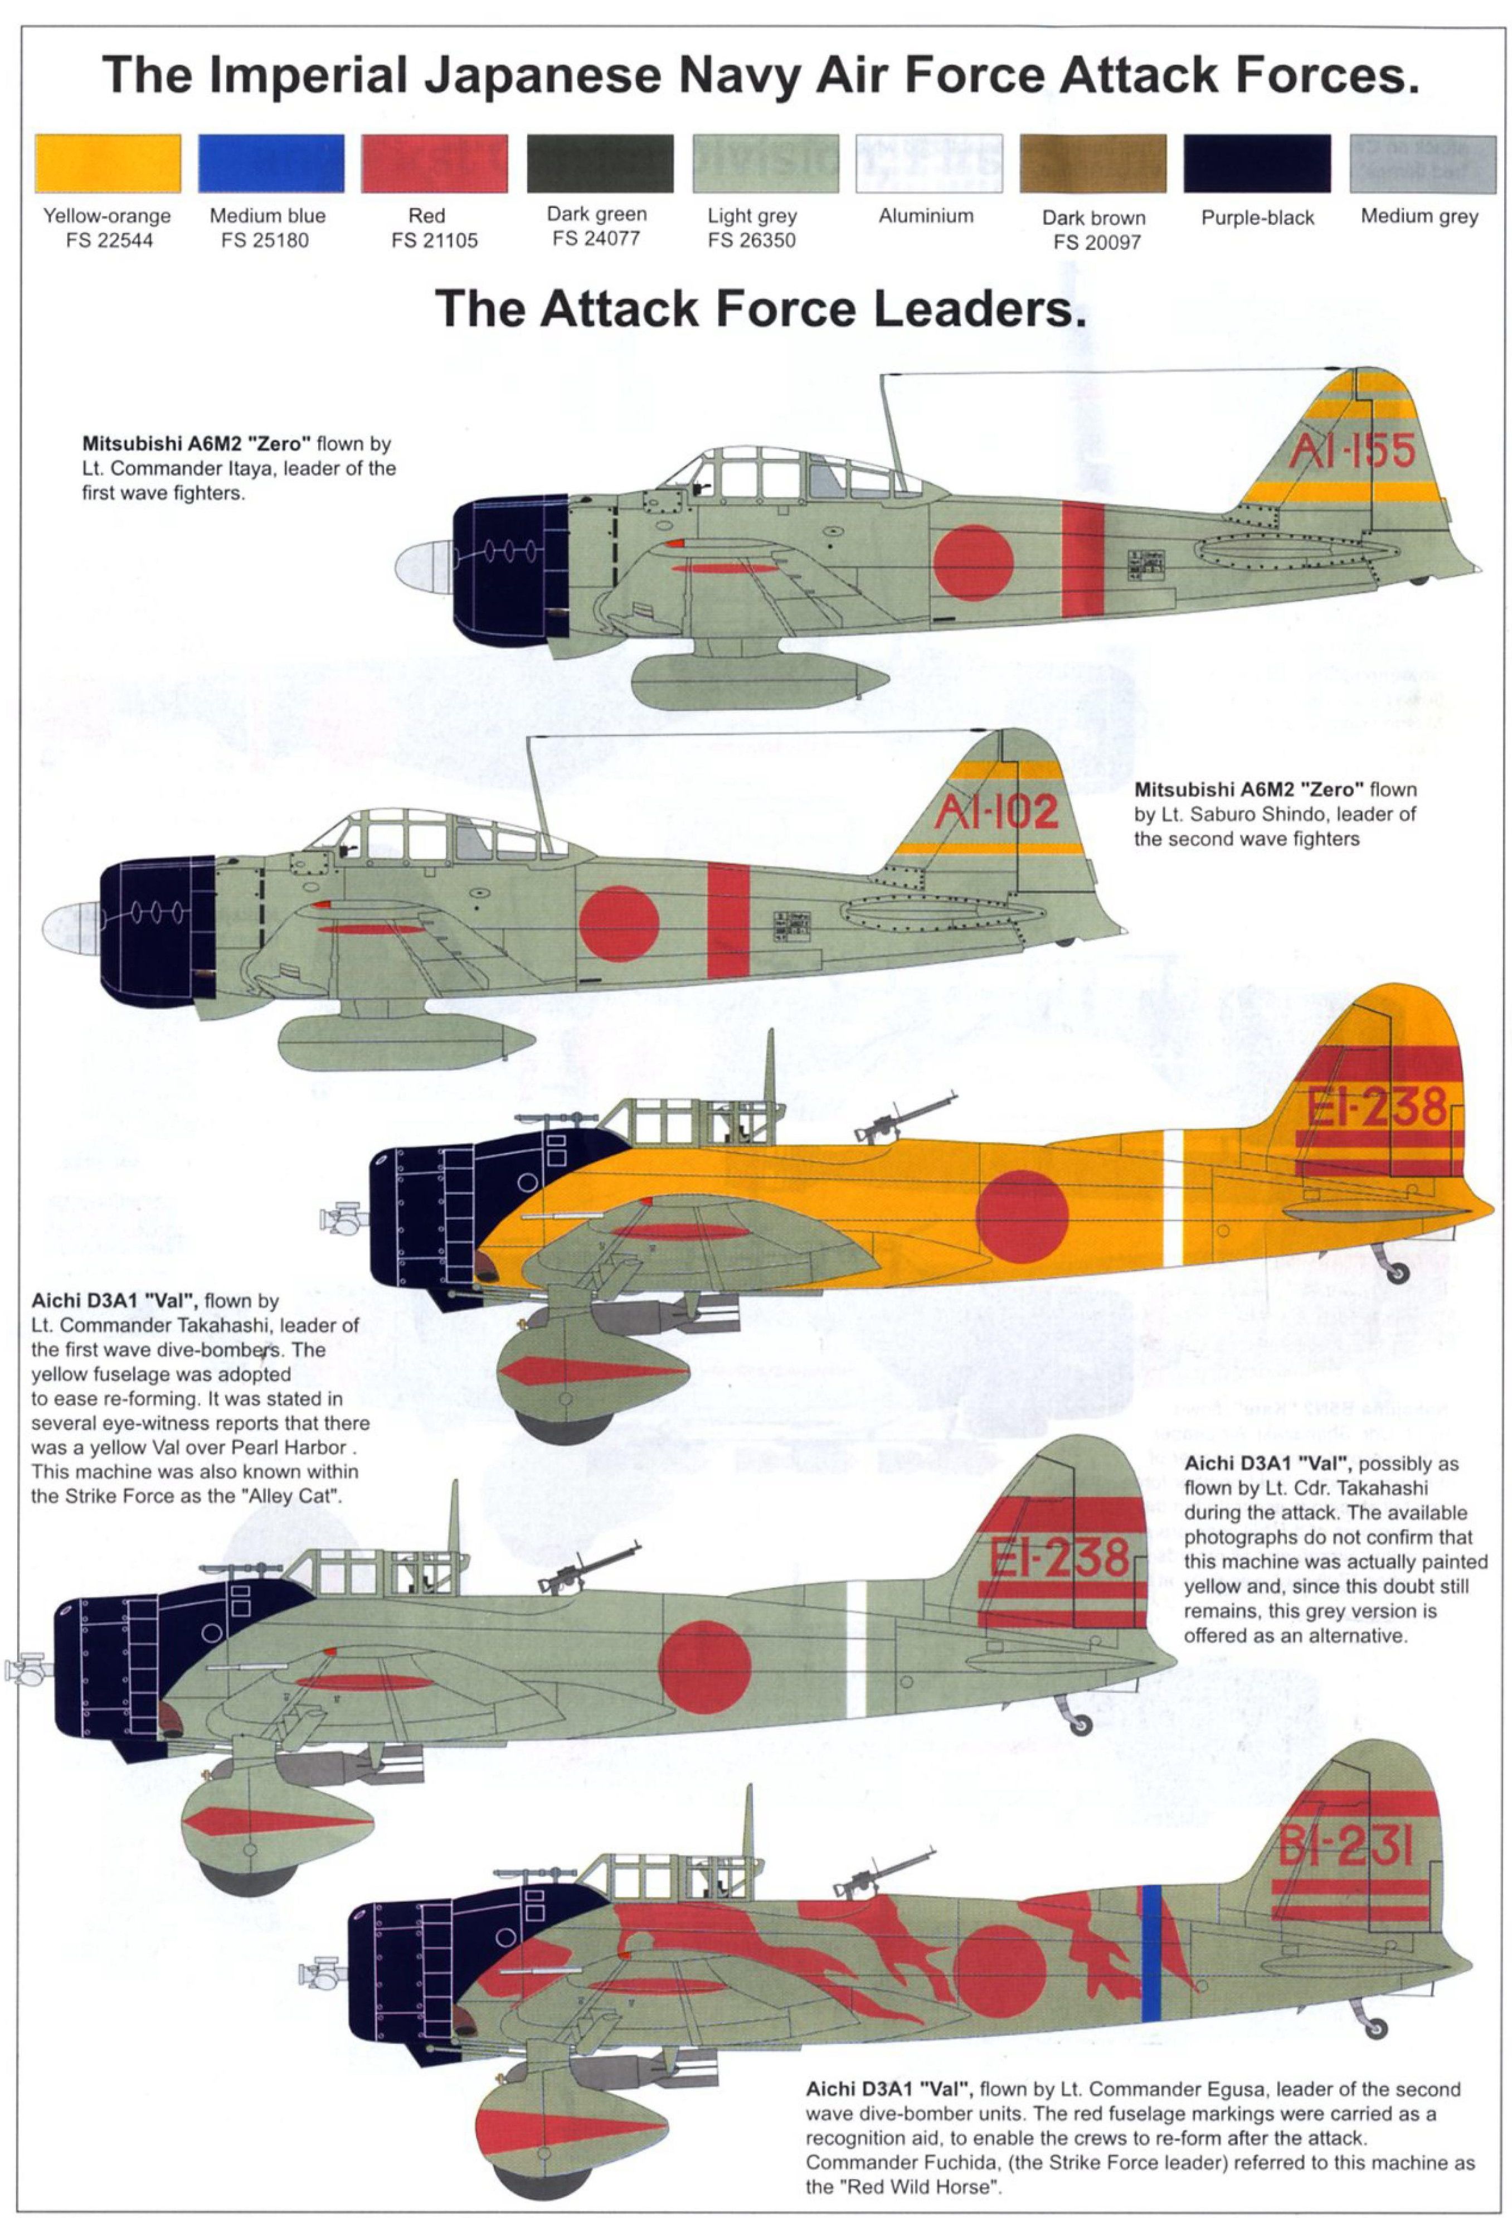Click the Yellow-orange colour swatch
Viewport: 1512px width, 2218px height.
point(108,163)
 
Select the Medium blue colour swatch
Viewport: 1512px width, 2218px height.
point(271,163)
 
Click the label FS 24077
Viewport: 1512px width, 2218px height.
point(596,239)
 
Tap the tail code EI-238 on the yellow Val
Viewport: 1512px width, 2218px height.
point(1377,1108)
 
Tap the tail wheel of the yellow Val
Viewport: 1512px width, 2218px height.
point(1398,1272)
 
